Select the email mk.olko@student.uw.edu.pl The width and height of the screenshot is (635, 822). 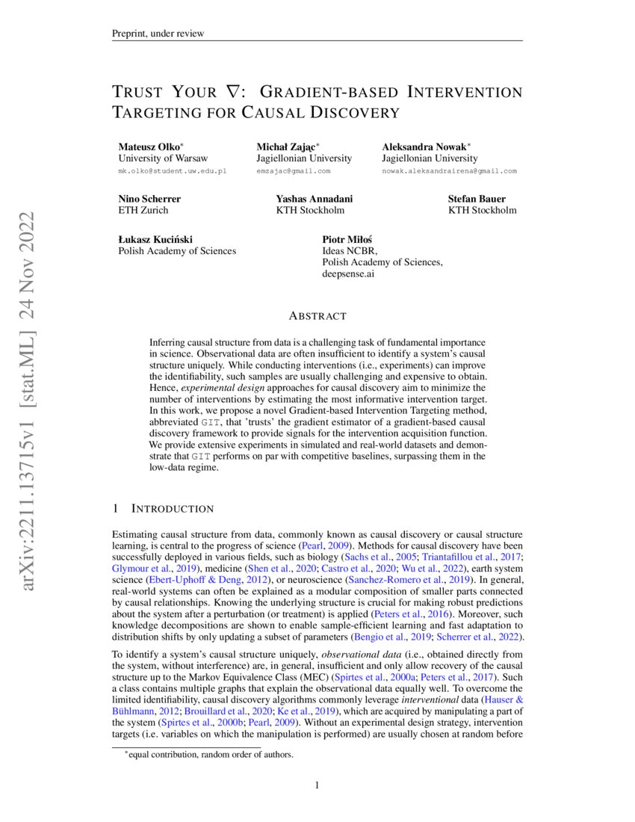(172, 171)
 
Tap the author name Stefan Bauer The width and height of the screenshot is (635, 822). (477, 199)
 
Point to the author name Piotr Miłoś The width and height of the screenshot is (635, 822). (347, 239)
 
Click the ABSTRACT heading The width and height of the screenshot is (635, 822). (317, 316)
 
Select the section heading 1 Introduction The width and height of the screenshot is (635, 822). (162, 509)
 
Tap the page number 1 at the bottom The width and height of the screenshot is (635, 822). (317, 785)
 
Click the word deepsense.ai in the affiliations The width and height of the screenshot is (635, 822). (348, 274)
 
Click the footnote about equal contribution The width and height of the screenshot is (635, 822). (211, 755)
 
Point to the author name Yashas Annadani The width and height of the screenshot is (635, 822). (315, 199)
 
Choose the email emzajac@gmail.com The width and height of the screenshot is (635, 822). (293, 171)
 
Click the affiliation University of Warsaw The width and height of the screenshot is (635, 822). (163, 158)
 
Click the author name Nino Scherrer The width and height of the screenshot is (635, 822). (149, 199)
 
